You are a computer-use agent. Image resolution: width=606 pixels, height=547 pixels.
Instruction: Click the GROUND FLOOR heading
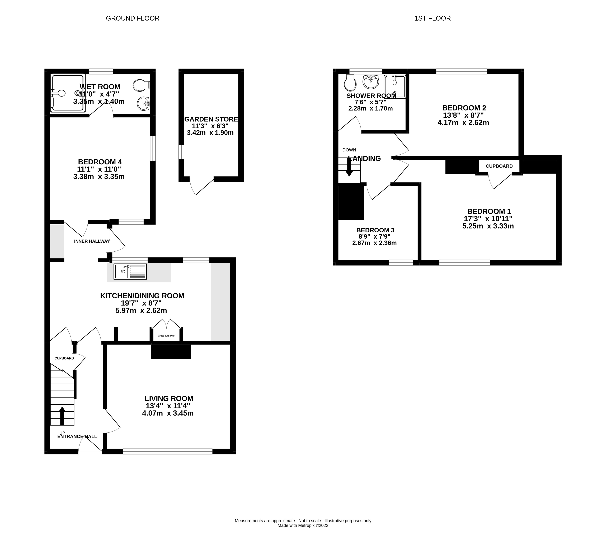click(133, 18)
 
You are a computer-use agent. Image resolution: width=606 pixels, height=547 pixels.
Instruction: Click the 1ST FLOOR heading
click(432, 18)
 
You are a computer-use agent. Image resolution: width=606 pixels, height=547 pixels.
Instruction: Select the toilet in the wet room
click(140, 85)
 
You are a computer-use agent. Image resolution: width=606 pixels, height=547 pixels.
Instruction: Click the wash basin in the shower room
click(371, 82)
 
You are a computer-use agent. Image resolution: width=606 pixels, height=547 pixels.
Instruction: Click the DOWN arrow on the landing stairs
click(349, 167)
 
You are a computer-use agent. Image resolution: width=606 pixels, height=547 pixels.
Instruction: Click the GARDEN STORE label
click(211, 119)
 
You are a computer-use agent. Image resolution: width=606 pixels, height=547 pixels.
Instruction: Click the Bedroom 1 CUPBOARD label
click(499, 166)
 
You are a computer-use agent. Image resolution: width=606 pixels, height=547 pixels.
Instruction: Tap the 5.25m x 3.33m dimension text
click(488, 226)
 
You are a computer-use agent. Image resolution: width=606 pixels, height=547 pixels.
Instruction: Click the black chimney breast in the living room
click(170, 351)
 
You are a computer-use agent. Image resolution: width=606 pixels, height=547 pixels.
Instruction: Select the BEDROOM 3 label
click(375, 230)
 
